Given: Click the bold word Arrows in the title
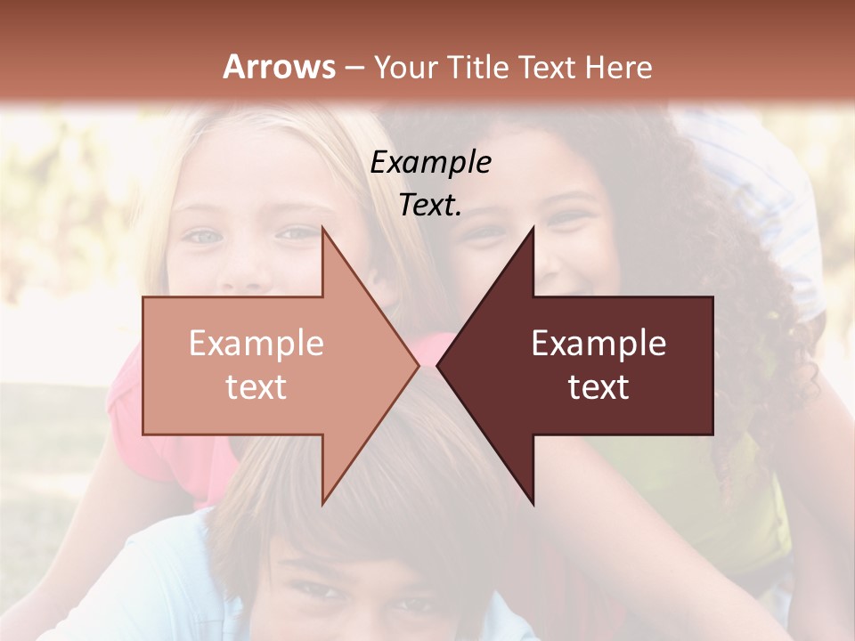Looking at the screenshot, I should [280, 67].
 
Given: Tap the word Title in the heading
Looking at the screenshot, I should [478, 68].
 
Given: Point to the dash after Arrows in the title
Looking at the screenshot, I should [354, 69].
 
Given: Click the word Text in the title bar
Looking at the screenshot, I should [550, 68].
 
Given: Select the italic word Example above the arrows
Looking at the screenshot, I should [431, 162].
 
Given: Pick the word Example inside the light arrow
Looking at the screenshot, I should [256, 344].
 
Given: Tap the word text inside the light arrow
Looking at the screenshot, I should [256, 387].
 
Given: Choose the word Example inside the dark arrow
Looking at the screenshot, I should [598, 344].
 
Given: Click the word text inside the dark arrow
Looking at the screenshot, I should [598, 387].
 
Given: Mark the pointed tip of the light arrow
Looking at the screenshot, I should [419, 365].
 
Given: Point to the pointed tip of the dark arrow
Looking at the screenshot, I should [437, 365].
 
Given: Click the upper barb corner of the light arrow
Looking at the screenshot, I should [322, 227].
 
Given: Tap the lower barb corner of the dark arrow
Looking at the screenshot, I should [533, 504].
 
